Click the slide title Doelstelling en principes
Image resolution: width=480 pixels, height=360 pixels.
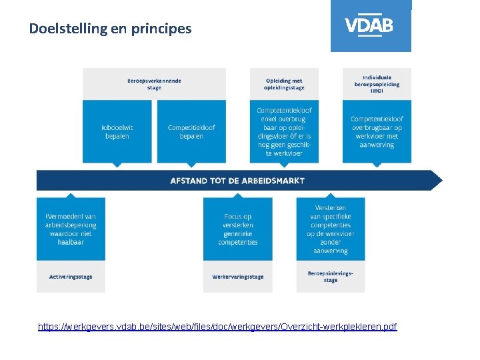click(110, 29)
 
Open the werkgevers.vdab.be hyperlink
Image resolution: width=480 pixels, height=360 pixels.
click(217, 327)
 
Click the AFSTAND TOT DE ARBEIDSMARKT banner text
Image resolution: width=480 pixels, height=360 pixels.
click(237, 181)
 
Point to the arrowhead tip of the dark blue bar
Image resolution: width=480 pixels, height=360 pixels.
click(441, 180)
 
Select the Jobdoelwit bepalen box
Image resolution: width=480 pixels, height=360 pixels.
click(117, 131)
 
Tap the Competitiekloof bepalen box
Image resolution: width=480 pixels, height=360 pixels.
click(191, 131)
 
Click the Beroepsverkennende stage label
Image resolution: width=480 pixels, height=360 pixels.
click(154, 84)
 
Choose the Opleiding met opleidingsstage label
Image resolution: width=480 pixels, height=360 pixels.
click(284, 84)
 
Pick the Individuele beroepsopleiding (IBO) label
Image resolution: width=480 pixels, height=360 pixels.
click(377, 84)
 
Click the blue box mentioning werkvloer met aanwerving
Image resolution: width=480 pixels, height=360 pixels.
click(377, 131)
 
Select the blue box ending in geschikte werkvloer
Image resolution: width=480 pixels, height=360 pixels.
click(284, 131)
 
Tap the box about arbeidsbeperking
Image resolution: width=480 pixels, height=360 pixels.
click(71, 229)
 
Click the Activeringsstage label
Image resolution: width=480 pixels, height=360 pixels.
click(71, 277)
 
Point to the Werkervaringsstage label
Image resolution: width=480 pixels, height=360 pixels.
click(237, 277)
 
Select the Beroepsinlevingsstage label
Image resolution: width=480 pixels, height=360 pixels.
click(331, 276)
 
